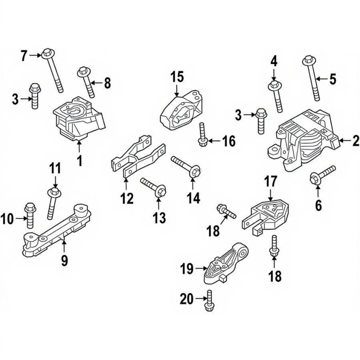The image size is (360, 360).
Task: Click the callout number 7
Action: [x=24, y=56]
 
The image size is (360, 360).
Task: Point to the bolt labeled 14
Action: [x=186, y=166]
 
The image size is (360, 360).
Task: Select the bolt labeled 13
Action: [x=153, y=187]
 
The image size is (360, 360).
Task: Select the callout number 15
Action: [x=177, y=76]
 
